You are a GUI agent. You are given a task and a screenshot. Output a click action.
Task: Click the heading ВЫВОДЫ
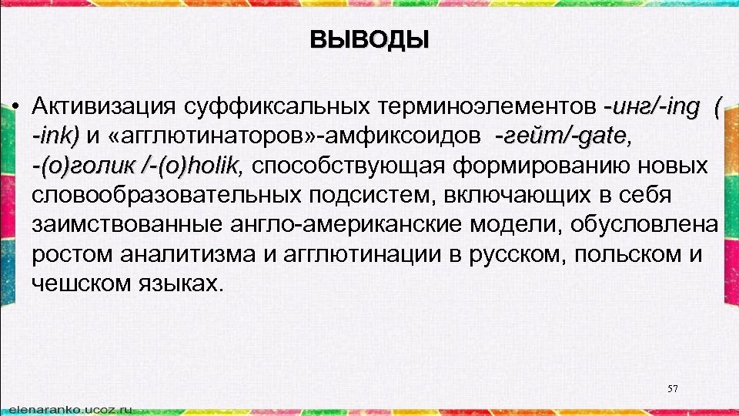click(x=369, y=39)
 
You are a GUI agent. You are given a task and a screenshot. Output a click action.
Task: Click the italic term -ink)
click(x=55, y=136)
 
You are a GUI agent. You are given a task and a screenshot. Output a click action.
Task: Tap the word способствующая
click(x=349, y=165)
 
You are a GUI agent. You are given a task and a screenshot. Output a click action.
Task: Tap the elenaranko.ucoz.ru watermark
click(x=68, y=406)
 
